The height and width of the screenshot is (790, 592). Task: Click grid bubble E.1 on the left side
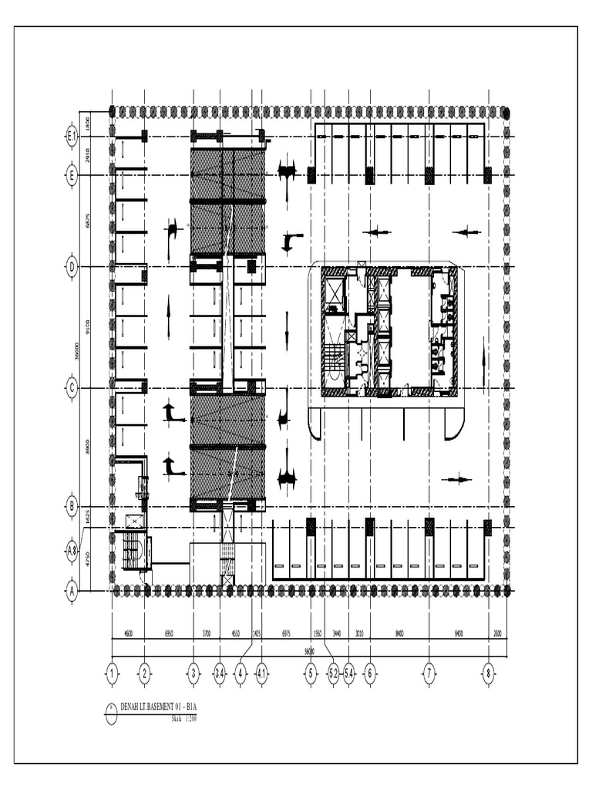[72, 137]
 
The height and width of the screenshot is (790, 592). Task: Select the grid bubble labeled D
[72, 267]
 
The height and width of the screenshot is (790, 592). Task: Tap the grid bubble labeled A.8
[72, 550]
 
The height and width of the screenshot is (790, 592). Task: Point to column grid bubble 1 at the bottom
[113, 674]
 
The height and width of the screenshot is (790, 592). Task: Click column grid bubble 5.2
[333, 674]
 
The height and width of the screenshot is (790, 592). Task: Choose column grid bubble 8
[489, 674]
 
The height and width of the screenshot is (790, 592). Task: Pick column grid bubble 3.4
[220, 674]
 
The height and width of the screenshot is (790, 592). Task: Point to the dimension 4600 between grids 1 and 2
[128, 633]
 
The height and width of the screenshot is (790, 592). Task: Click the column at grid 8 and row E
[487, 175]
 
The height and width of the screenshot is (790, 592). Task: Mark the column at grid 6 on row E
[369, 175]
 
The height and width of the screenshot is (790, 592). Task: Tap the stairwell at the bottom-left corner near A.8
[133, 551]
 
